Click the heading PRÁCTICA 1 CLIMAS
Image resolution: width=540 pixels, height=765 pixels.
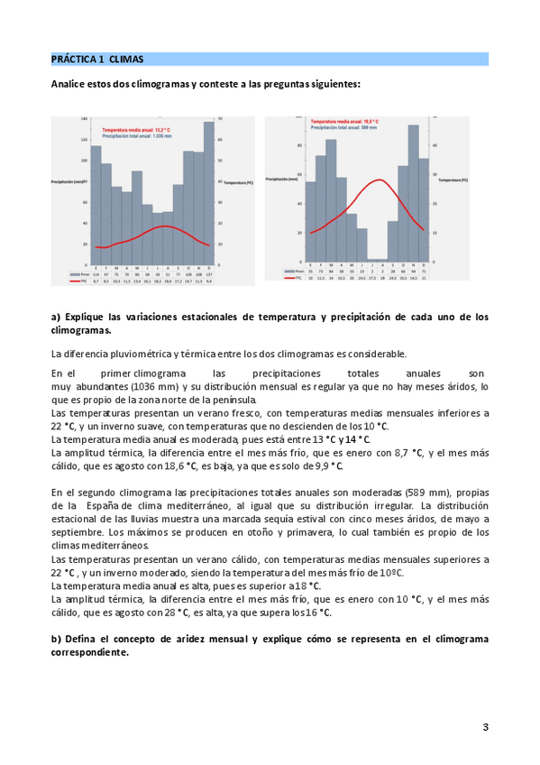click(96, 60)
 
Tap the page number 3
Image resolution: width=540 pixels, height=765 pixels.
click(485, 727)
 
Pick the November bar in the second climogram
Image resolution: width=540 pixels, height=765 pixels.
click(414, 190)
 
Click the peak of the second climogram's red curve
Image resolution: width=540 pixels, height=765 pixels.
click(380, 180)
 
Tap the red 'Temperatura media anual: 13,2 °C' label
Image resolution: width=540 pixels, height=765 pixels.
click(137, 130)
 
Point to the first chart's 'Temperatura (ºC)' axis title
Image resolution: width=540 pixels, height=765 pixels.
click(237, 182)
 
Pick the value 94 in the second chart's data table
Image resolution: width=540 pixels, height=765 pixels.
click(414, 270)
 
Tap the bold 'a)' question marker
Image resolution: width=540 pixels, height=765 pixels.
click(56, 317)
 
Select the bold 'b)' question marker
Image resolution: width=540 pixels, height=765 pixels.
click(56, 639)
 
